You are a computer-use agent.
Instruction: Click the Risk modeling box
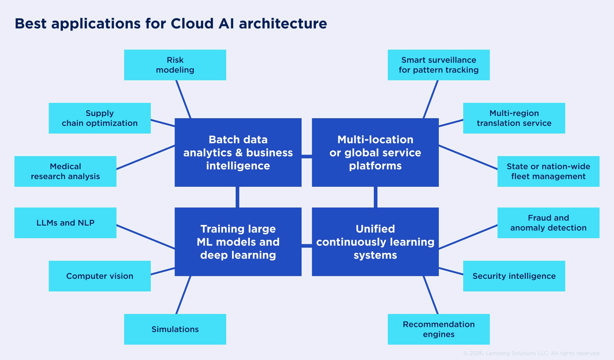point(175,65)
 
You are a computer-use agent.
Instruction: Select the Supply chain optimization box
point(100,118)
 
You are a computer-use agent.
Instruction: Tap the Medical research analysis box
point(65,171)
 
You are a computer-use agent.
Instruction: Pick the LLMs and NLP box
point(65,223)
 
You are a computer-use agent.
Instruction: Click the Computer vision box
point(100,276)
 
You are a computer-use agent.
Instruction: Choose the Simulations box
point(175,329)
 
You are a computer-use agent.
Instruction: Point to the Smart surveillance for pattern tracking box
point(439,65)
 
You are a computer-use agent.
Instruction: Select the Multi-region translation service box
point(514,118)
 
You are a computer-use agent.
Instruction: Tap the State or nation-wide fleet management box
point(548,171)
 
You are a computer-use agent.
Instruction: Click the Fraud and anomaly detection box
point(548,223)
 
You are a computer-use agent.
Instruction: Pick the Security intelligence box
point(514,276)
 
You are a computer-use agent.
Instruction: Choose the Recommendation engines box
point(439,329)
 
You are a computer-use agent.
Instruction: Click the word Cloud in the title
point(192,24)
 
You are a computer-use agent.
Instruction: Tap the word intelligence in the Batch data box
point(238,166)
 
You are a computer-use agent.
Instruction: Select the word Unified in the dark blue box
point(375,229)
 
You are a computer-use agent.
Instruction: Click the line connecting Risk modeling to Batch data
point(183,99)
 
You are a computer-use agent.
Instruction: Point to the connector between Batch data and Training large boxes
point(237,197)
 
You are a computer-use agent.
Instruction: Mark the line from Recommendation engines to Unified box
point(431,295)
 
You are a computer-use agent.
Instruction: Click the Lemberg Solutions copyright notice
point(531,353)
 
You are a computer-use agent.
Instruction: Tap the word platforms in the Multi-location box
point(375,166)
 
